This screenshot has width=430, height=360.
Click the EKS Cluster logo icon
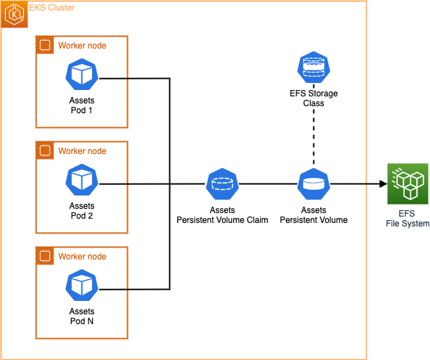(13, 13)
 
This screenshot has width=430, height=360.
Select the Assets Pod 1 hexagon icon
(82, 75)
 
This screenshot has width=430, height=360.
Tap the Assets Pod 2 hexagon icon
(82, 181)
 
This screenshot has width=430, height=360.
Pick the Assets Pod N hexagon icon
(82, 286)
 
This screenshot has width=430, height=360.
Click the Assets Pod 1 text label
(82, 106)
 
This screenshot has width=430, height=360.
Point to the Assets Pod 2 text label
(82, 211)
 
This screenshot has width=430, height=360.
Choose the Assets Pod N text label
(82, 316)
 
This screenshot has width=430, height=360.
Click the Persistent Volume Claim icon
(222, 184)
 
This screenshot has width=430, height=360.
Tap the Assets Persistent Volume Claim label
(222, 215)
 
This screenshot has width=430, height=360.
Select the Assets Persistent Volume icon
(313, 184)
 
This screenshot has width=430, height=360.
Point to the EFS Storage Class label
(313, 98)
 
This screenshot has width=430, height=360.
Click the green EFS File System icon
(408, 184)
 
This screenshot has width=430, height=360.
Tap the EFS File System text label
(408, 218)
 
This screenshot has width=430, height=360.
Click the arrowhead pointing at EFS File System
(383, 184)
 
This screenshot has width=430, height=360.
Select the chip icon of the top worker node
(45, 46)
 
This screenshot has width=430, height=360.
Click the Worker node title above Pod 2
(82, 151)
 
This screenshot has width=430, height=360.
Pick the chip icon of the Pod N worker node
(45, 257)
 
